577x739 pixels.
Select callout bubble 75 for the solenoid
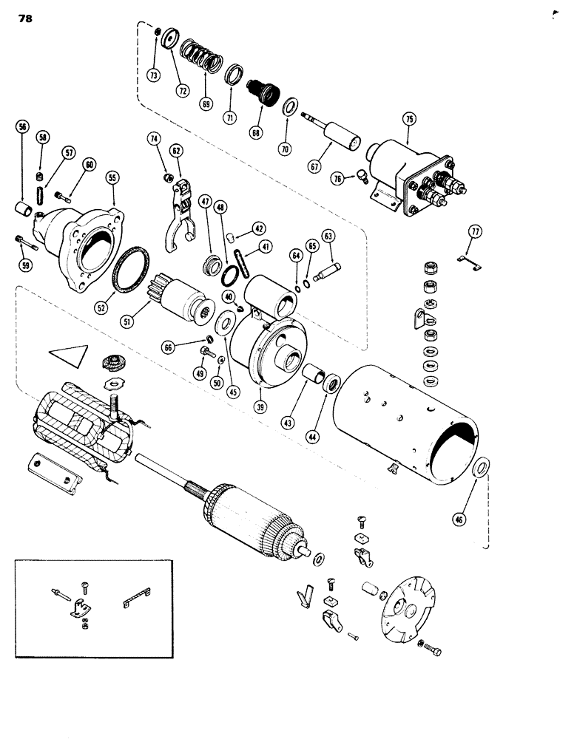408,119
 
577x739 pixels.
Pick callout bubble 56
23,126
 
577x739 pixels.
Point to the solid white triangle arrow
72,355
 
